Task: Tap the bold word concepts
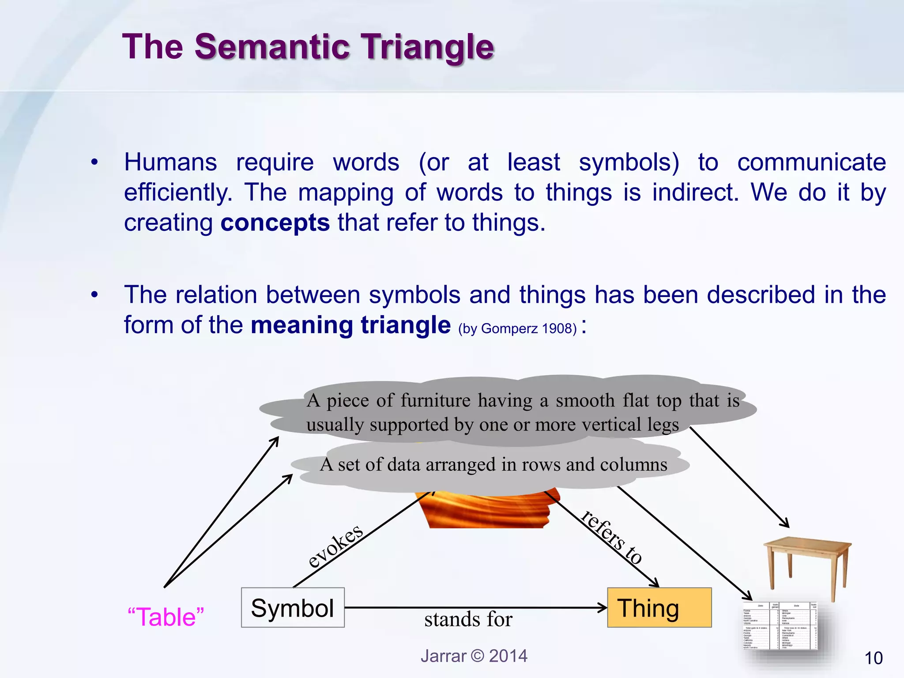coord(275,222)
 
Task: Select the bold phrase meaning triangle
coord(350,325)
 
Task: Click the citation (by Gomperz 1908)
coord(517,329)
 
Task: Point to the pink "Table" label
coord(166,617)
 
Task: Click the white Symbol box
coord(293,608)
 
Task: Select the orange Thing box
coord(659,608)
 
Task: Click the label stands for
coord(468,619)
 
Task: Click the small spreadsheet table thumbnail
coord(780,626)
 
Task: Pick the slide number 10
coord(873,658)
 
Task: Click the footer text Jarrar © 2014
coord(474,656)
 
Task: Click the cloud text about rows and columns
coord(493,465)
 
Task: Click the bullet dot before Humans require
coord(94,163)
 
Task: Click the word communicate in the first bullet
coord(811,162)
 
